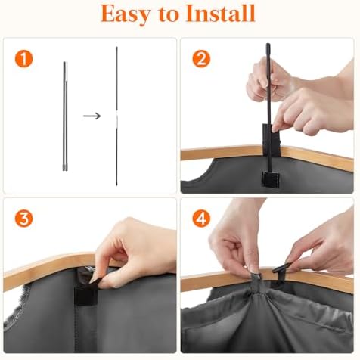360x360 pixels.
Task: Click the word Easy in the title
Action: pos(125,14)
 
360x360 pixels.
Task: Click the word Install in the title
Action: pos(221,13)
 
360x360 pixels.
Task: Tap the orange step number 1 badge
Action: pos(23,58)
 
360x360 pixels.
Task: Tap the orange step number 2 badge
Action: pos(201,58)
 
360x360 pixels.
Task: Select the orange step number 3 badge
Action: pos(23,219)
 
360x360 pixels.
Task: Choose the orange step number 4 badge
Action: pos(201,219)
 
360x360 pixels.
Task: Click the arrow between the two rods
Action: pos(92,116)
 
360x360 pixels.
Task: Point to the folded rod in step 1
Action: pos(65,116)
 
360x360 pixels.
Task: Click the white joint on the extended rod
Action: pos(116,117)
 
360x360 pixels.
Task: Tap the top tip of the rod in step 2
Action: pos(268,45)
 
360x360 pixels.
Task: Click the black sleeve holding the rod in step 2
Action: pos(271,140)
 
